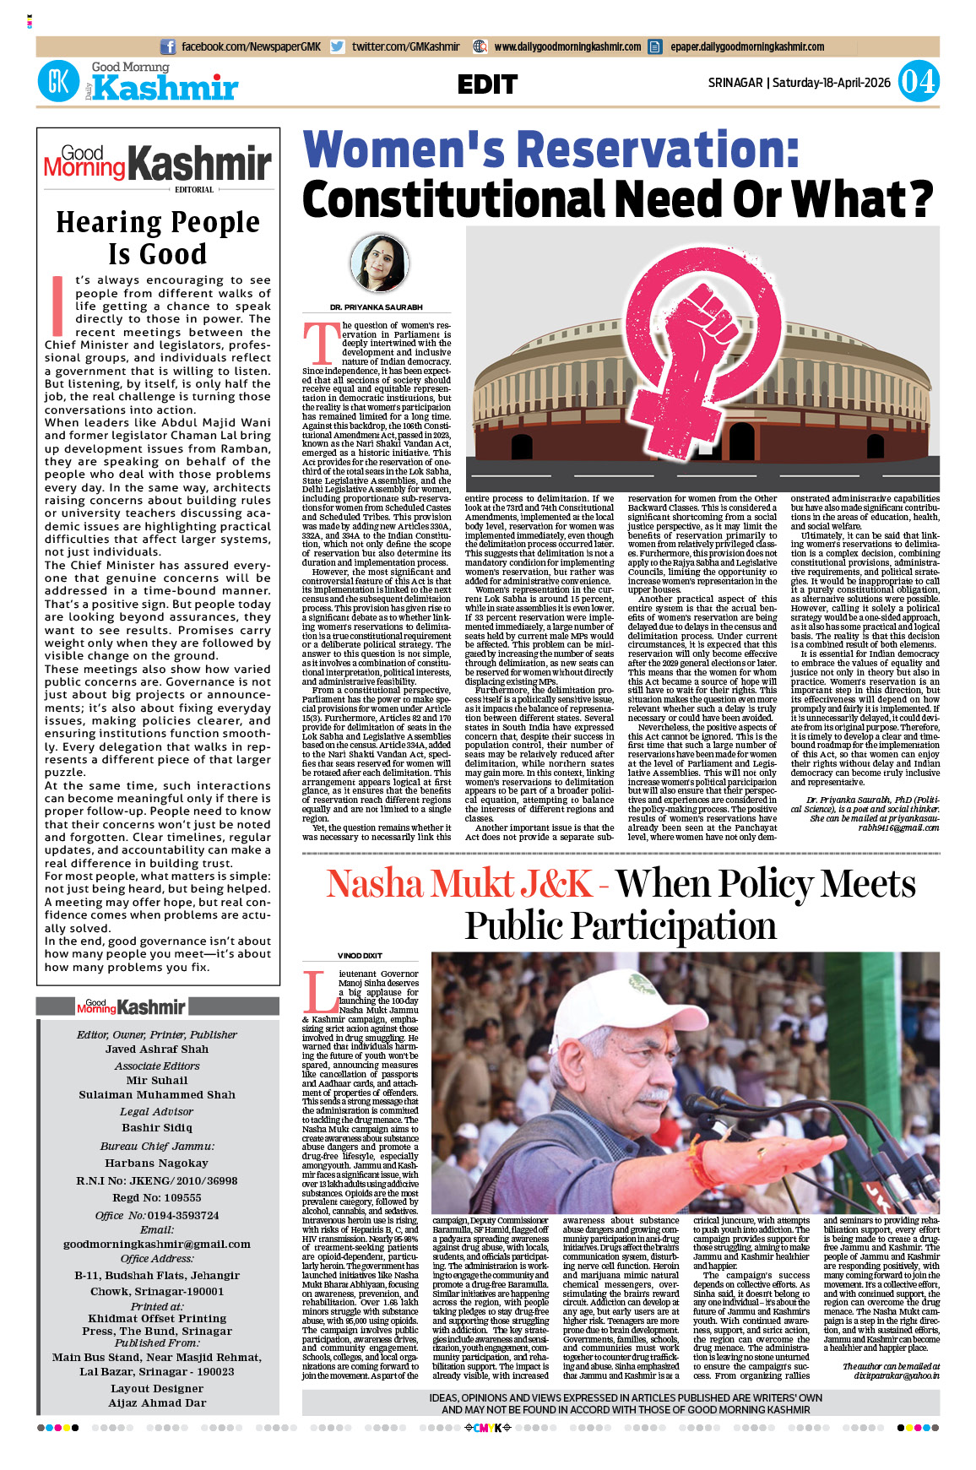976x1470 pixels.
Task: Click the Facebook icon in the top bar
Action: coord(168,47)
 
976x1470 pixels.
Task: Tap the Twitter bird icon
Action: coord(338,47)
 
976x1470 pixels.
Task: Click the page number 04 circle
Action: coord(918,82)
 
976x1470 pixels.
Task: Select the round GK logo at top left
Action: coord(58,83)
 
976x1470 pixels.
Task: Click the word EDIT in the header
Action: coord(487,84)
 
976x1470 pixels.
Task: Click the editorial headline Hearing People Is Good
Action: coord(158,237)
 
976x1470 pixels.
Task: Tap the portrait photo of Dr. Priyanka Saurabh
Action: coord(378,263)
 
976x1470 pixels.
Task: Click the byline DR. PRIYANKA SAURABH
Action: coord(377,307)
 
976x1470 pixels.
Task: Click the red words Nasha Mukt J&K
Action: coord(459,884)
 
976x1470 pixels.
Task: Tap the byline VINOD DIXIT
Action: coord(360,956)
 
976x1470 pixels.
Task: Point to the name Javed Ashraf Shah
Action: coord(157,1050)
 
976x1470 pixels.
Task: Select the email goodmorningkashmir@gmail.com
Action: coord(157,1244)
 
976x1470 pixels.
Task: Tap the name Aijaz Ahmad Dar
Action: coord(157,1402)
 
